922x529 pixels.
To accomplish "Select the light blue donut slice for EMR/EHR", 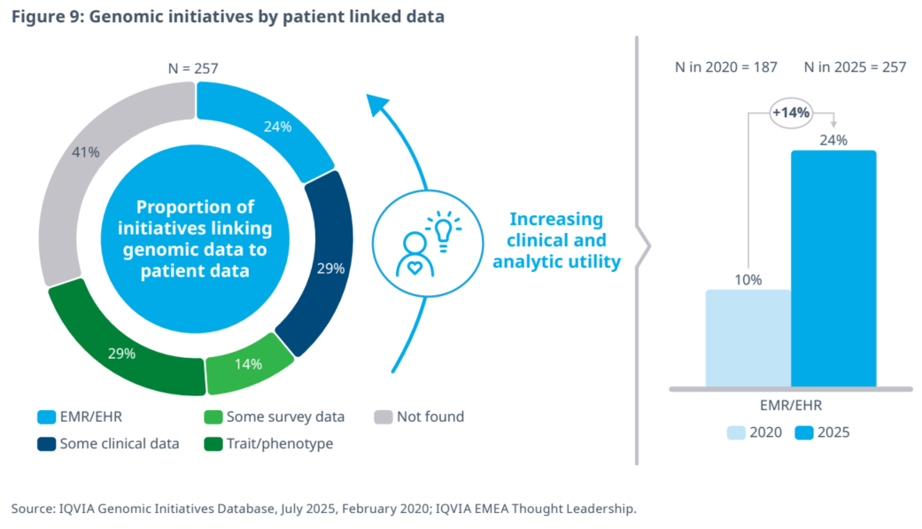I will [x=266, y=124].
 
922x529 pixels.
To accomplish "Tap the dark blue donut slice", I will [x=323, y=266].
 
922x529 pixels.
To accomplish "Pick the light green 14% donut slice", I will [x=249, y=363].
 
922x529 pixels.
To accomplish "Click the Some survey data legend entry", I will [x=275, y=416].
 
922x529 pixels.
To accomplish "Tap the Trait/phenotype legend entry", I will [x=270, y=444].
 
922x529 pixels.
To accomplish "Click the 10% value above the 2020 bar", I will [x=748, y=280].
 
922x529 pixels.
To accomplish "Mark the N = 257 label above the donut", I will [x=193, y=67].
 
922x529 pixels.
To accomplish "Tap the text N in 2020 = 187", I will [x=717, y=67].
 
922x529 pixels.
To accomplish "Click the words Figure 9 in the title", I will [x=44, y=16].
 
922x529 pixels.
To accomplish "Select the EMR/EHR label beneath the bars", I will [x=791, y=407].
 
